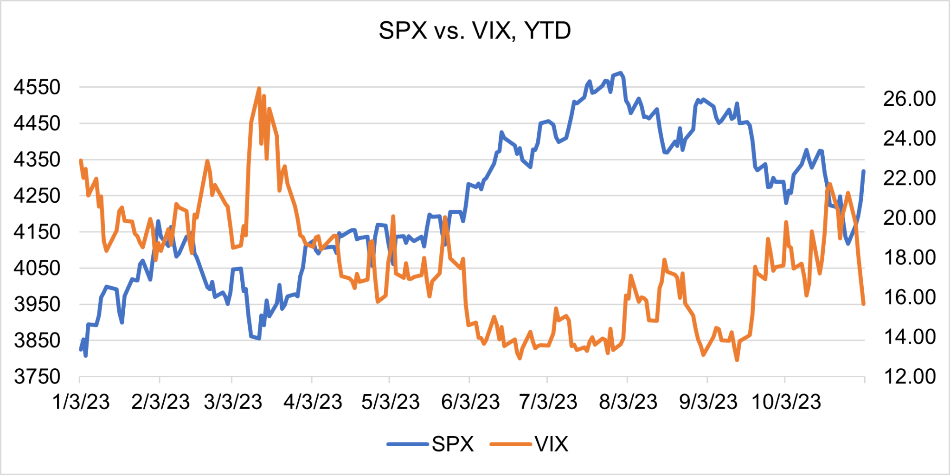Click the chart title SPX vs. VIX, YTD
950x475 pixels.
pyautogui.click(x=475, y=31)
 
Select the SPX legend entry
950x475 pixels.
pyautogui.click(x=452, y=444)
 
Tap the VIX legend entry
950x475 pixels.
pyautogui.click(x=551, y=444)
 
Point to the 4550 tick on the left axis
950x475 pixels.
pyautogui.click(x=37, y=87)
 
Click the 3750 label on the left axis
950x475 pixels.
pyautogui.click(x=37, y=377)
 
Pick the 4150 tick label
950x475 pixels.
pyautogui.click(x=37, y=232)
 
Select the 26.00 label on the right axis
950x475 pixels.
pyautogui.click(x=909, y=99)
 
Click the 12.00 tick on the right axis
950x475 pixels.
pyautogui.click(x=909, y=377)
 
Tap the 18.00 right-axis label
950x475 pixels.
pyautogui.click(x=909, y=257)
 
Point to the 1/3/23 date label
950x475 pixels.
pyautogui.click(x=81, y=402)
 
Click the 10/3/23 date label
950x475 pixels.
pyautogui.click(x=786, y=402)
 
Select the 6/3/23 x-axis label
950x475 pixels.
pyautogui.click(x=470, y=402)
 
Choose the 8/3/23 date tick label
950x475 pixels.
pyautogui.click(x=628, y=402)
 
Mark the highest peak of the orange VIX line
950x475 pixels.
pyautogui.click(x=259, y=88)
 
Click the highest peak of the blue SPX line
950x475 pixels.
pyautogui.click(x=621, y=73)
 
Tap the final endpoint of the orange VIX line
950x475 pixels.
pyautogui.click(x=864, y=304)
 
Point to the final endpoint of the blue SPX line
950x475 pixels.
pyautogui.click(x=864, y=171)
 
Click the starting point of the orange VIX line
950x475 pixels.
pyautogui.click(x=81, y=160)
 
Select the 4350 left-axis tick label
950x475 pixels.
pyautogui.click(x=37, y=160)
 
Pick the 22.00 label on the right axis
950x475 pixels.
pyautogui.click(x=909, y=178)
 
